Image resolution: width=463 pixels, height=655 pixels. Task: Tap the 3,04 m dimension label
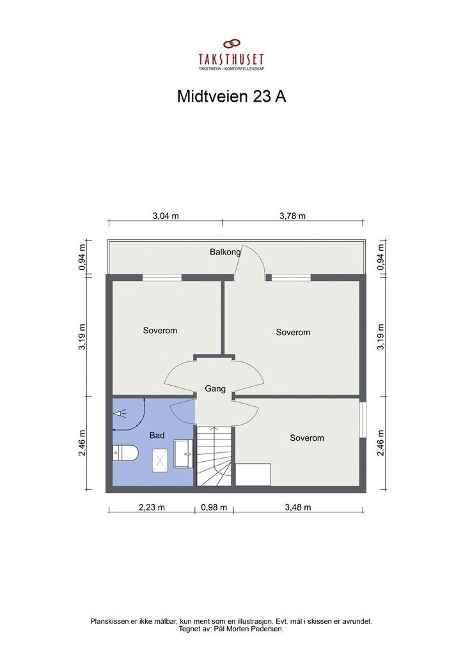pyautogui.click(x=165, y=216)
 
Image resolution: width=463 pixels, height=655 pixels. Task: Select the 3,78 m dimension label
pyautogui.click(x=292, y=216)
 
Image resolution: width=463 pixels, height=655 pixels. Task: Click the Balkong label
pyautogui.click(x=225, y=252)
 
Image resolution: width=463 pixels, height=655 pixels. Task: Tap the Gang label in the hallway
pyautogui.click(x=214, y=388)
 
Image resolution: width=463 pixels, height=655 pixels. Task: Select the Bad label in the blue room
pyautogui.click(x=157, y=435)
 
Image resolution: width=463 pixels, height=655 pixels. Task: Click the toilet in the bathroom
pyautogui.click(x=125, y=454)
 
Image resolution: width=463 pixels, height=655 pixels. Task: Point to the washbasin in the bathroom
pyautogui.click(x=184, y=455)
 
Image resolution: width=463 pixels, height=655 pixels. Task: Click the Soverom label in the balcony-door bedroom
pyautogui.click(x=293, y=332)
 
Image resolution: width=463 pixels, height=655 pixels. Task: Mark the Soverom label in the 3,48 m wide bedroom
pyautogui.click(x=307, y=438)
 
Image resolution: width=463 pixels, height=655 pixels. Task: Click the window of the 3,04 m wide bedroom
pyautogui.click(x=162, y=277)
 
